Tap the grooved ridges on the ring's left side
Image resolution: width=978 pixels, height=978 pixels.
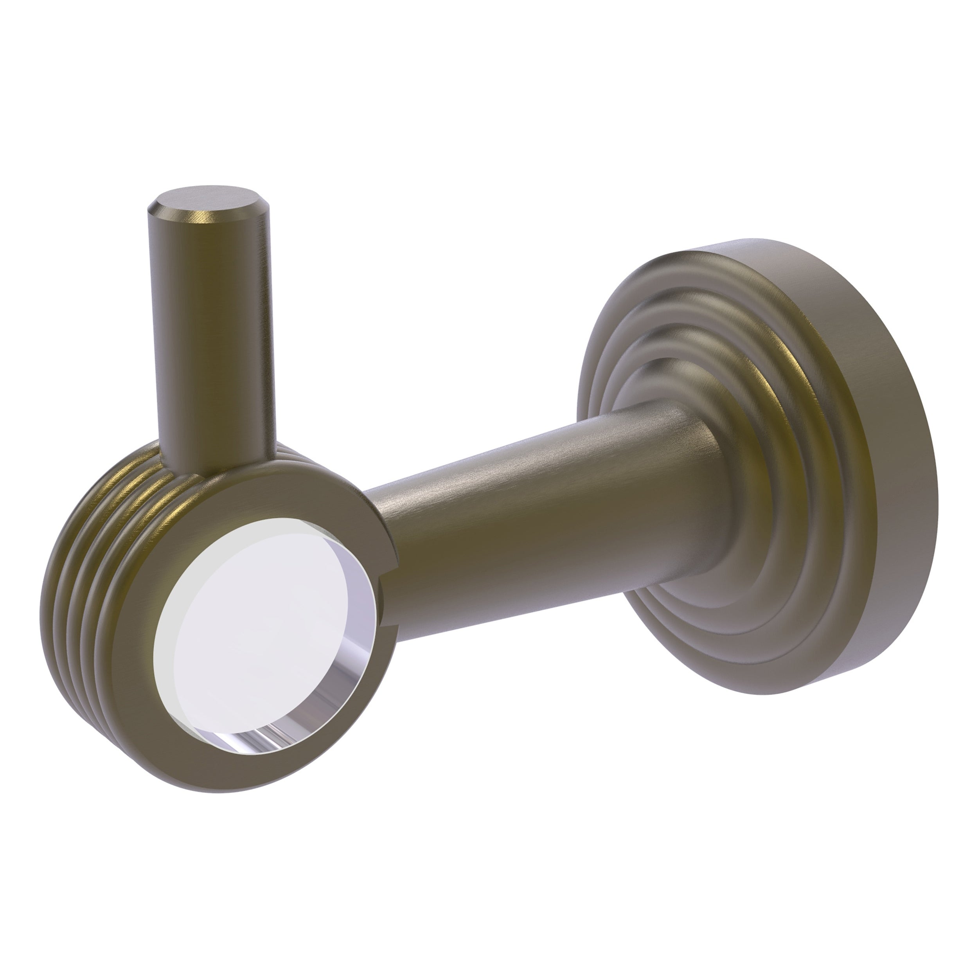[88, 572]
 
